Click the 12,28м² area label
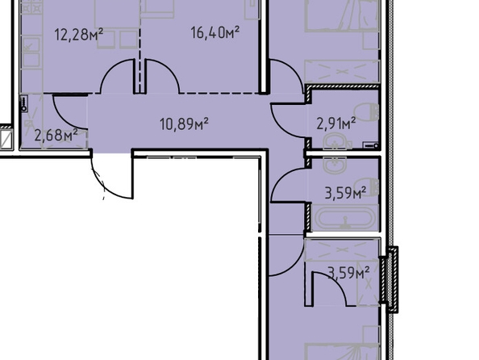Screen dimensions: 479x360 click(x=79, y=34)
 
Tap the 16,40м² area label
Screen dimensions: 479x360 click(x=215, y=32)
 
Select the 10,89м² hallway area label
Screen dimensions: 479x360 click(x=184, y=123)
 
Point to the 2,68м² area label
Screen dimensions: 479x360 click(x=56, y=135)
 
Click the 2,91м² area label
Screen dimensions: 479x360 click(x=336, y=123)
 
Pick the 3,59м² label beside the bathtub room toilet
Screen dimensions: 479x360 click(x=345, y=193)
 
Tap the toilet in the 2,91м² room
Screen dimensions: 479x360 click(x=367, y=111)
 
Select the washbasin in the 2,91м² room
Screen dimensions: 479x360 click(x=335, y=142)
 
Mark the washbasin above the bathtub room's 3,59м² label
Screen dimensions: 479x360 click(x=335, y=165)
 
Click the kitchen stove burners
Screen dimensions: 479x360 click(x=31, y=8)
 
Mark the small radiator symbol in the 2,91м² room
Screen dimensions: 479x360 click(x=371, y=145)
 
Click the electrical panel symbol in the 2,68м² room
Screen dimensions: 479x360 click(x=24, y=103)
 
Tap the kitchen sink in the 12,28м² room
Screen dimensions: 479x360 click(x=31, y=52)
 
